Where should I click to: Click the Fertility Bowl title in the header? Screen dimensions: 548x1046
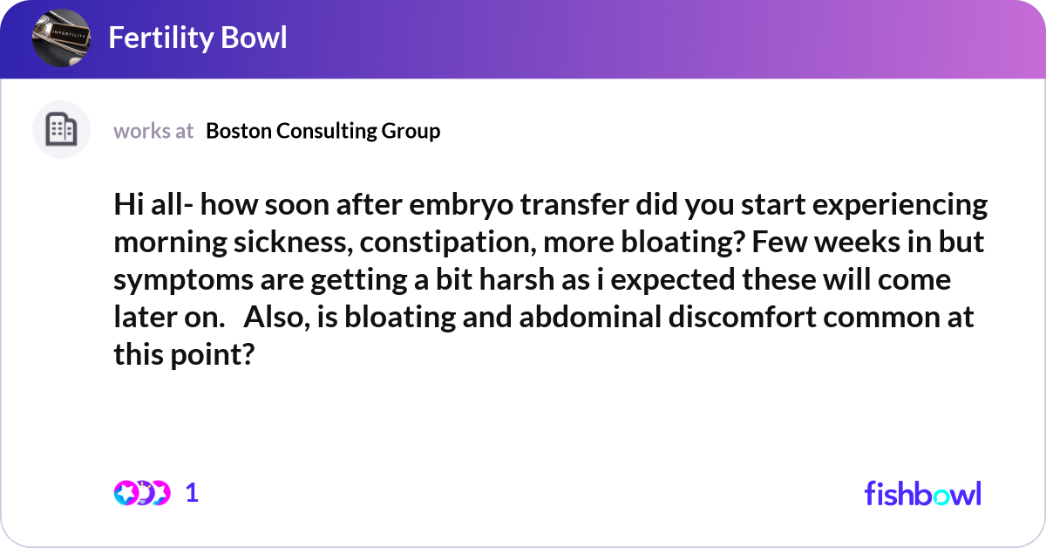tap(198, 38)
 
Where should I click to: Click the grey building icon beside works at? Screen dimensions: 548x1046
tap(61, 130)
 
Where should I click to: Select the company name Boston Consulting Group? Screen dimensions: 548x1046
tap(323, 131)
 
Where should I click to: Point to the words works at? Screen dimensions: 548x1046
tap(153, 131)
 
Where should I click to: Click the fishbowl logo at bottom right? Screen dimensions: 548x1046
tap(922, 493)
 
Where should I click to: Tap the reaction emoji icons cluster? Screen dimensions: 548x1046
tap(141, 493)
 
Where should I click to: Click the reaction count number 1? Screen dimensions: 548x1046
tap(193, 493)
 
